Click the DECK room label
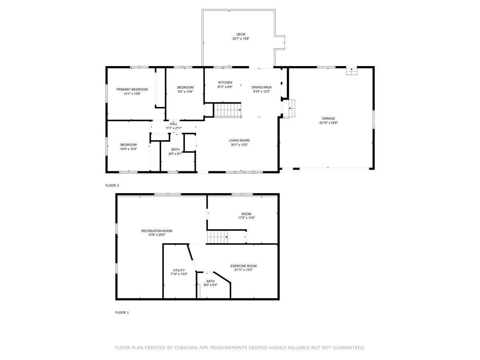click(x=240, y=34)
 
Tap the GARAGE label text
click(x=328, y=118)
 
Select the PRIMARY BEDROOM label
click(x=132, y=89)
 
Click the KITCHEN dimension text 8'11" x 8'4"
click(x=225, y=87)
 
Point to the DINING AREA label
click(x=261, y=87)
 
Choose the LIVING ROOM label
click(x=239, y=140)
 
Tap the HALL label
click(x=174, y=124)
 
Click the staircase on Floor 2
click(x=228, y=110)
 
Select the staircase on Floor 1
click(x=217, y=237)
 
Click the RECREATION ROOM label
click(x=156, y=231)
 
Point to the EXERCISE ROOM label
click(x=243, y=266)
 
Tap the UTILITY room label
click(x=179, y=270)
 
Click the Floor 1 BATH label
click(x=210, y=281)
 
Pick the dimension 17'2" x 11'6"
click(x=246, y=218)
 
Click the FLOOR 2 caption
click(x=112, y=185)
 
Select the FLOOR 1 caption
click(x=122, y=312)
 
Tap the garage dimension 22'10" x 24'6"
click(x=328, y=123)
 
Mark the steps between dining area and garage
click(x=289, y=109)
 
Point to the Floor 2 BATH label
click(x=175, y=149)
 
